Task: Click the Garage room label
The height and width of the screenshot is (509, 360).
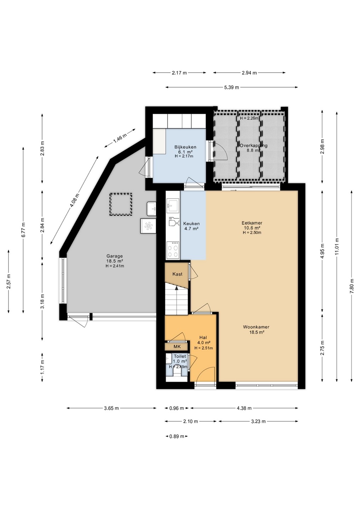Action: [x=115, y=256]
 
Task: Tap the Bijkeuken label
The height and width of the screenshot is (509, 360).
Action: [x=185, y=147]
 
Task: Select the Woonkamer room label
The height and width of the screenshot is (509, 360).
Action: [x=256, y=327]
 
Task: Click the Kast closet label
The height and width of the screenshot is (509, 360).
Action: [x=177, y=274]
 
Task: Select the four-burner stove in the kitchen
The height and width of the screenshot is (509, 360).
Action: [x=173, y=250]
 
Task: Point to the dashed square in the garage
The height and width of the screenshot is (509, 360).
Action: [x=121, y=204]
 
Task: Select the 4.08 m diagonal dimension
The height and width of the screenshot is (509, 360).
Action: [x=75, y=200]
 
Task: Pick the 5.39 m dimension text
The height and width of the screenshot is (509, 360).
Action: [x=232, y=87]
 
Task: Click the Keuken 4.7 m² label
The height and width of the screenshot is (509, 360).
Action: [x=191, y=226]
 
